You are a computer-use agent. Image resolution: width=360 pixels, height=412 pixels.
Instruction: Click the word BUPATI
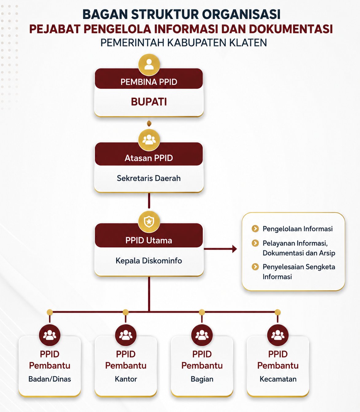(149, 102)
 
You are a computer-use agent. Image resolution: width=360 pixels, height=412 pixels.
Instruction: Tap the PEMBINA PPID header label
(149, 82)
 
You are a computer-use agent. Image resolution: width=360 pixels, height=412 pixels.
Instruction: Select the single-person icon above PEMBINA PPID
(149, 65)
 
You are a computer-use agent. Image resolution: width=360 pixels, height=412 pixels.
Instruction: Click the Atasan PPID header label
(149, 158)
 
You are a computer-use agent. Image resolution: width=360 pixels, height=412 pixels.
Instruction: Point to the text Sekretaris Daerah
(149, 178)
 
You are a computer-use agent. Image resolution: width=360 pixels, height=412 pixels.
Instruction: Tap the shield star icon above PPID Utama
(149, 222)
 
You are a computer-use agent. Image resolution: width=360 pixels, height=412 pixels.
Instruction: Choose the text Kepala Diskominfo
(149, 261)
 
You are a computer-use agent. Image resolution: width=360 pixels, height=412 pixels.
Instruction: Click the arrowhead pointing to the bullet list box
(234, 249)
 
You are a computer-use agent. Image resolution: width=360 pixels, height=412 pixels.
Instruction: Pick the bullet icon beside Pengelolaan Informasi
(255, 229)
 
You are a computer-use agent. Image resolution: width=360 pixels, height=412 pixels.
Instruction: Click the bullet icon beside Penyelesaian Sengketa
(255, 267)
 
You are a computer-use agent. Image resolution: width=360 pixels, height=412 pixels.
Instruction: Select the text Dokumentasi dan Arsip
(299, 253)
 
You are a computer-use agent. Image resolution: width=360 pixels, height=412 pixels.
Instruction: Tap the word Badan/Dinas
(50, 379)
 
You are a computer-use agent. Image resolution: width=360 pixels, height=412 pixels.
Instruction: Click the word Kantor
(126, 379)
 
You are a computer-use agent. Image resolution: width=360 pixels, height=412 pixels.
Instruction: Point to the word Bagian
(202, 379)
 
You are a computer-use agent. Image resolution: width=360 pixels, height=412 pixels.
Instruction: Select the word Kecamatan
(278, 379)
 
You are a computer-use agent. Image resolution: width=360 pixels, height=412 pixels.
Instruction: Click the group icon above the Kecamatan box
(278, 335)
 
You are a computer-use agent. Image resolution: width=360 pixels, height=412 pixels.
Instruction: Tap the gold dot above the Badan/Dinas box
(50, 312)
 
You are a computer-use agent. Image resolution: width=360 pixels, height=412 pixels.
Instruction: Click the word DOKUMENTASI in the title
(291, 29)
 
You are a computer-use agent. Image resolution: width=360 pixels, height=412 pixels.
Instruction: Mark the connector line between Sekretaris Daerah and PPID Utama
(149, 201)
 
